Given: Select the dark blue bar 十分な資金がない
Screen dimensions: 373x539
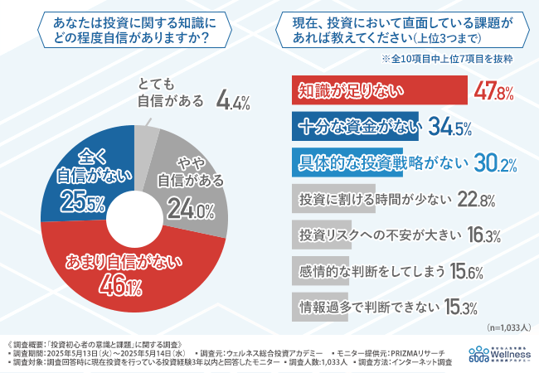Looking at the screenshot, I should click(357, 127).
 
